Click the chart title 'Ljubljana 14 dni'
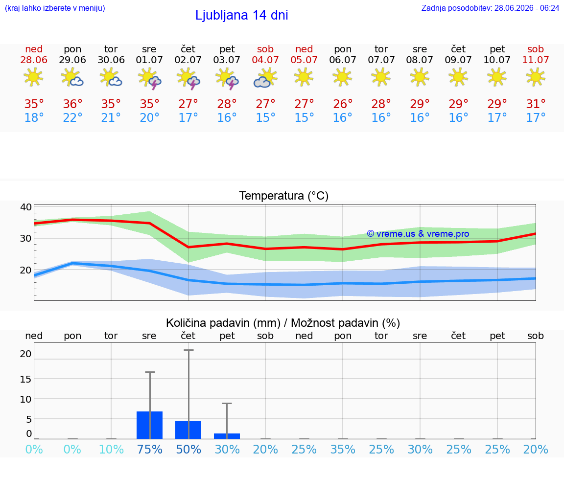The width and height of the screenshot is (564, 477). (x=242, y=15)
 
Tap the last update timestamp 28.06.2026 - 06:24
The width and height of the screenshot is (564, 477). (x=527, y=8)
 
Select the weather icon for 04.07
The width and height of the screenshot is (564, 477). (x=265, y=78)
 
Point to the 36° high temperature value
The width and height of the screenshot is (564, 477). (x=72, y=104)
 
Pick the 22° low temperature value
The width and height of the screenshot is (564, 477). (x=72, y=117)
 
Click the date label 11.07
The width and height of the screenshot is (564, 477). (x=536, y=60)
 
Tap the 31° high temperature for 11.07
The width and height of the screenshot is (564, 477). (x=536, y=104)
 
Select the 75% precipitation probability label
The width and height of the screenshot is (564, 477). (x=150, y=449)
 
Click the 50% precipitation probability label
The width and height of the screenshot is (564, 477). (x=188, y=449)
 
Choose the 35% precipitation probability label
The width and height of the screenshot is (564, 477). (x=343, y=449)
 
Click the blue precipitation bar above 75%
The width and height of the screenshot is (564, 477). (x=150, y=425)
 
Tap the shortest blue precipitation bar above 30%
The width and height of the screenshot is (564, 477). (x=227, y=436)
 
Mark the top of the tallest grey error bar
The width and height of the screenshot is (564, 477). (x=188, y=350)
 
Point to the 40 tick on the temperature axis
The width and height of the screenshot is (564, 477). (x=26, y=207)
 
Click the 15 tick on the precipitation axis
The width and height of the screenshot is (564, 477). (x=26, y=379)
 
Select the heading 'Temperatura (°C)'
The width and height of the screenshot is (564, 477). (x=284, y=196)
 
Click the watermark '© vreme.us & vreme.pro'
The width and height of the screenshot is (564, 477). (x=418, y=234)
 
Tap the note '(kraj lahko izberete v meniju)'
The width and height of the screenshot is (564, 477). (x=55, y=8)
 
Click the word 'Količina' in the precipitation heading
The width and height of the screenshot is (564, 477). (x=187, y=323)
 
